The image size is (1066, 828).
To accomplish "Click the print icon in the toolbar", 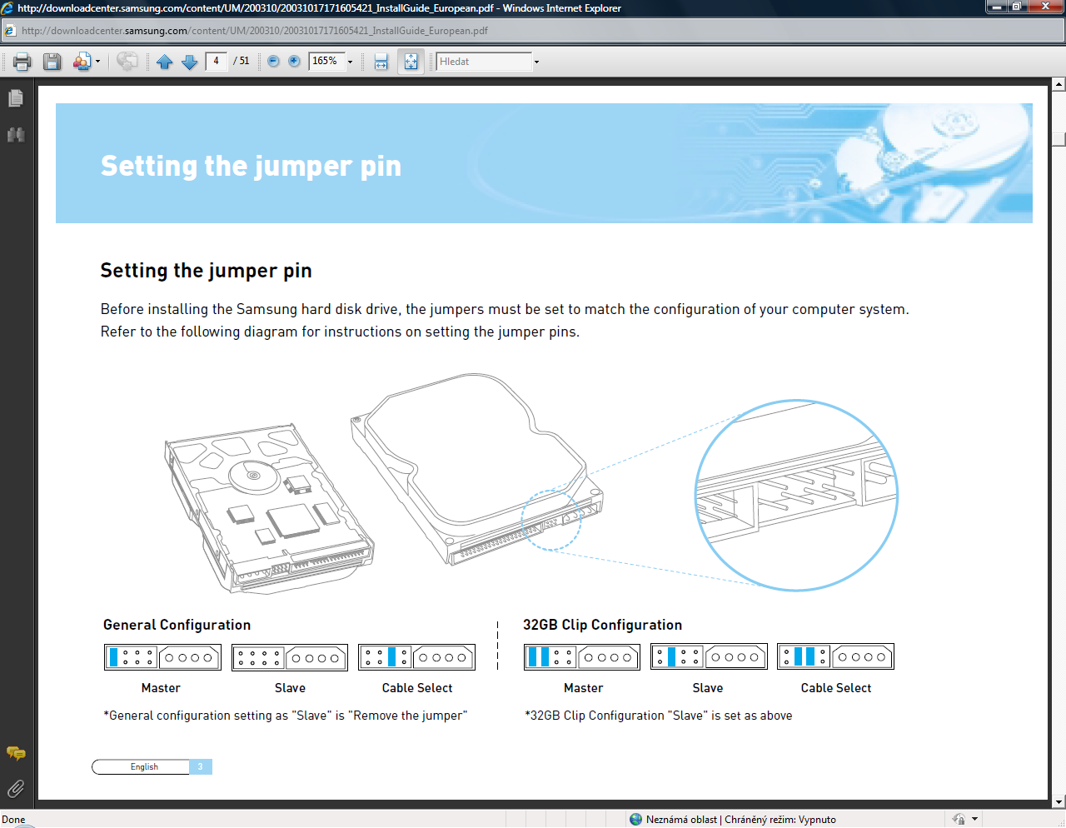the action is click(x=22, y=62).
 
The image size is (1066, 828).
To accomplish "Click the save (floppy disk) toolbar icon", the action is click(x=52, y=62).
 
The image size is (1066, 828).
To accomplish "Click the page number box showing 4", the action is click(x=216, y=62).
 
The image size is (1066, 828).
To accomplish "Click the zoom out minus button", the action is click(x=273, y=62).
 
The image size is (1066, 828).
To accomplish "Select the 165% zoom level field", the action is click(x=326, y=62).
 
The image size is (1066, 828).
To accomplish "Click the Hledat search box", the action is click(x=484, y=62).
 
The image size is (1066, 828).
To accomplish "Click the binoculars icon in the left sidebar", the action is click(x=16, y=135).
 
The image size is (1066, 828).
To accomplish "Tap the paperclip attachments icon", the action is click(x=16, y=789).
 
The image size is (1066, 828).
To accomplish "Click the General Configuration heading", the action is click(x=177, y=625).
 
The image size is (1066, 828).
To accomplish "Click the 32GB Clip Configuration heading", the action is click(x=602, y=625).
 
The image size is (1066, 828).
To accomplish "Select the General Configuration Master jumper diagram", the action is click(x=163, y=656).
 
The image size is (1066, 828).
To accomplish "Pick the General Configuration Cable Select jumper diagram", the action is click(x=417, y=656).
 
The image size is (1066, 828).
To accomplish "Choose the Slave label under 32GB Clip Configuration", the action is click(x=707, y=688).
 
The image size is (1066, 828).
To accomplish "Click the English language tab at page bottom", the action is click(x=144, y=766).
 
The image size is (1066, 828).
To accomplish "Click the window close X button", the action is click(x=1045, y=7).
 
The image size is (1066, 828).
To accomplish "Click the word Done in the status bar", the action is click(x=13, y=819).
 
